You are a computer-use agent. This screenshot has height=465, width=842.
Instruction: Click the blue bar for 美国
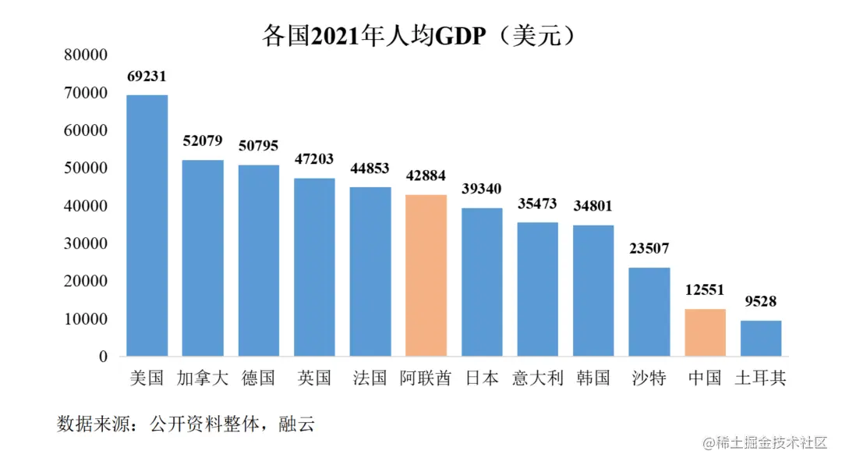pyautogui.click(x=147, y=225)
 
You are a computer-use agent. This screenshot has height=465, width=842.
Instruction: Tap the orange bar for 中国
pyautogui.click(x=705, y=332)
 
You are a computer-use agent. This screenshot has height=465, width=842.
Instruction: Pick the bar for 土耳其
pyautogui.click(x=761, y=338)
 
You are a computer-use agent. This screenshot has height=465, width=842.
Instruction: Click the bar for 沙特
pyautogui.click(x=649, y=311)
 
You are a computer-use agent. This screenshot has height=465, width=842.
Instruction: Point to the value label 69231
pyautogui.click(x=147, y=76)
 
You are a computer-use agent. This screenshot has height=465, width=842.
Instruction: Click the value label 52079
pyautogui.click(x=203, y=141)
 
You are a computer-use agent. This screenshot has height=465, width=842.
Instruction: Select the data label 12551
pyautogui.click(x=705, y=289)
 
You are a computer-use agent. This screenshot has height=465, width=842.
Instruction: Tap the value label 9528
pyautogui.click(x=761, y=301)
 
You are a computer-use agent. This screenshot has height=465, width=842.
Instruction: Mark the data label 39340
pyautogui.click(x=482, y=189)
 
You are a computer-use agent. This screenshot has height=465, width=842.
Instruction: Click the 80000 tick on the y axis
pyautogui.click(x=86, y=55)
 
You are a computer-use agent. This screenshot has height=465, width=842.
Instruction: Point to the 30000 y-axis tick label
pyautogui.click(x=86, y=243)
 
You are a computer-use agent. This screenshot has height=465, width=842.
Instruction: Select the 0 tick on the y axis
pyautogui.click(x=102, y=357)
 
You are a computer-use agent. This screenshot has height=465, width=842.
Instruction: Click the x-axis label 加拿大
pyautogui.click(x=203, y=378)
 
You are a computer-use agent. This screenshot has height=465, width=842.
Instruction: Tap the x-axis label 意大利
pyautogui.click(x=537, y=378)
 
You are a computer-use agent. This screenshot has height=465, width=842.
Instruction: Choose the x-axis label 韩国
pyautogui.click(x=593, y=378)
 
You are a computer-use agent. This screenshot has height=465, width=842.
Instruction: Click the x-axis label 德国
pyautogui.click(x=258, y=378)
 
